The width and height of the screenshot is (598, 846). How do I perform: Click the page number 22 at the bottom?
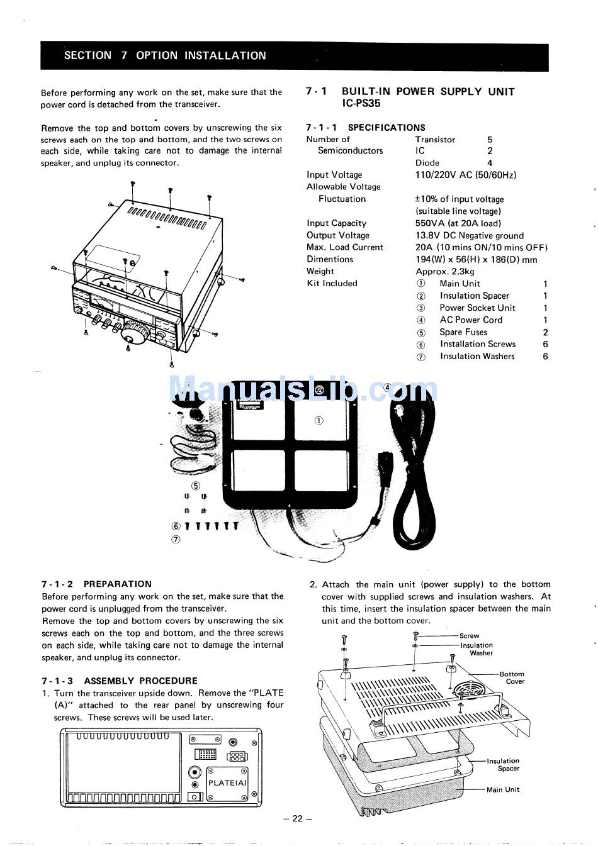298,818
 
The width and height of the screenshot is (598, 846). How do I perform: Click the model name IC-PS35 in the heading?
361,104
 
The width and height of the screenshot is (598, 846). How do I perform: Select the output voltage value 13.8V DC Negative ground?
469,235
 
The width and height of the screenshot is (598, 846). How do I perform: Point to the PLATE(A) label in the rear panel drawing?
227,783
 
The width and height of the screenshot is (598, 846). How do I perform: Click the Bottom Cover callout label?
512,677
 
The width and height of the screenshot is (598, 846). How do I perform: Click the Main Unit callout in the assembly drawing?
503,789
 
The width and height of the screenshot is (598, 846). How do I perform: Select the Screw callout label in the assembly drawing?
469,636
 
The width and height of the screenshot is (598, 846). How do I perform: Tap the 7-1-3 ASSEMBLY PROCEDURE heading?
120,681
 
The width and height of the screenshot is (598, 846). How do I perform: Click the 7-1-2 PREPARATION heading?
97,584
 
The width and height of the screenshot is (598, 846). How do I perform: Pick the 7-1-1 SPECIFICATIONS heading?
366,127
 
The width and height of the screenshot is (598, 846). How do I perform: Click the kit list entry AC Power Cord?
471,320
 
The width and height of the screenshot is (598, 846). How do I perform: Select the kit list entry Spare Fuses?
463,332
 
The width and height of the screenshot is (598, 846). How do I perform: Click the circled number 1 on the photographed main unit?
319,420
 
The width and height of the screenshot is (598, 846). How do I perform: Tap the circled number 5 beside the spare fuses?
196,486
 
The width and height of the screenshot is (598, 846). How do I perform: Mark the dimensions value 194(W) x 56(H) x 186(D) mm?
476,259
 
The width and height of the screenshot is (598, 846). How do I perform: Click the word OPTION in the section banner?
157,55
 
